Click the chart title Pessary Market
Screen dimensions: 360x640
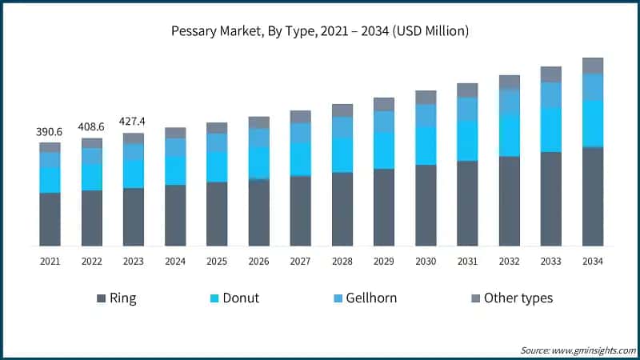(320, 33)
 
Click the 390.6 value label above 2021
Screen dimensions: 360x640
(50, 131)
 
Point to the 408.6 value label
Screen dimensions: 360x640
(91, 126)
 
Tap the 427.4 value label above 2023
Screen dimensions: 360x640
(133, 122)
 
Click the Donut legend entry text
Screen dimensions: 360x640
(240, 298)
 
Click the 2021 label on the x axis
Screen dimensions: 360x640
(50, 261)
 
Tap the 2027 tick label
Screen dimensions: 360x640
(300, 261)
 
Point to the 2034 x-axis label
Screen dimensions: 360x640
(592, 261)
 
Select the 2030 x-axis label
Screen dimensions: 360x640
(425, 261)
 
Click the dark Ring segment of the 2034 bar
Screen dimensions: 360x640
(592, 196)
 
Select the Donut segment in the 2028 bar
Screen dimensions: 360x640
(342, 154)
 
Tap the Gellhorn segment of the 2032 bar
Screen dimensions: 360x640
(509, 101)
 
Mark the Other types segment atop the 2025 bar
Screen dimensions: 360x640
(217, 128)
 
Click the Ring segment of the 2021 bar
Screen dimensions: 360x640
(50, 218)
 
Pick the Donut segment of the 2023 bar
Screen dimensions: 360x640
(133, 174)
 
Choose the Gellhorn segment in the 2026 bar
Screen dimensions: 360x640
(258, 138)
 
